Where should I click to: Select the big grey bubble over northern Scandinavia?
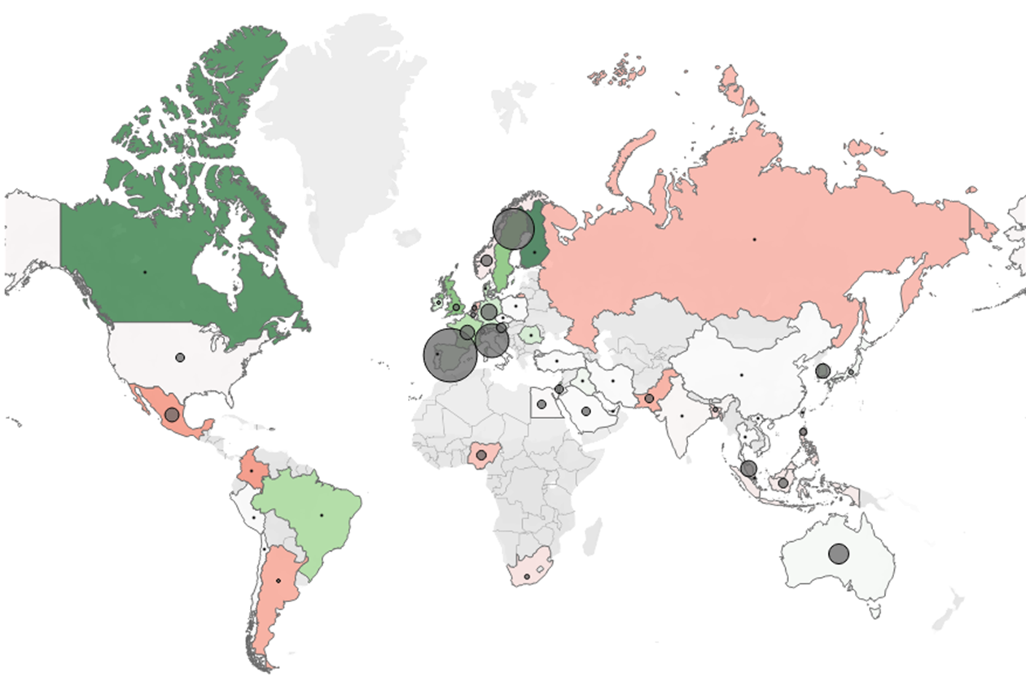514,229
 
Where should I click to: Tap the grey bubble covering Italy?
492,341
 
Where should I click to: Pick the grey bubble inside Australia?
839,554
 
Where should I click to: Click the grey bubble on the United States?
180,357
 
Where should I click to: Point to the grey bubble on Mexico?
172,415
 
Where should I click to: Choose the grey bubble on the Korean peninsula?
822,371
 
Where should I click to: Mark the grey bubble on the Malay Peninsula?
748,469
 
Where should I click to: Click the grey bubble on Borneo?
783,483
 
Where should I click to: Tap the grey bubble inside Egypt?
541,404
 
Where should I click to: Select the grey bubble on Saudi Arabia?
585,412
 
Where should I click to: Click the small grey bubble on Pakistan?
649,399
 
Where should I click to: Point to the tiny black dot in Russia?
754,239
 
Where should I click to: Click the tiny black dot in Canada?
145,271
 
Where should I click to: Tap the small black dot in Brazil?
321,515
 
